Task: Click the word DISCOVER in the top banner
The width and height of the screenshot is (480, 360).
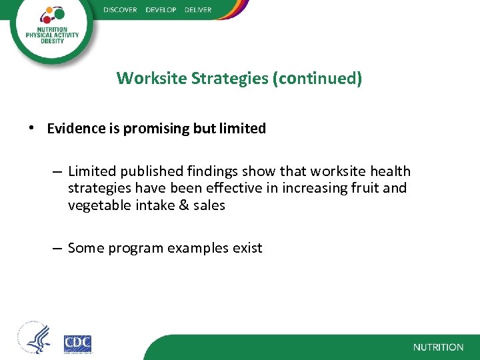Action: (x=120, y=10)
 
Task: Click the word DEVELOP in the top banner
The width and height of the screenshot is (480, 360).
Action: (x=161, y=10)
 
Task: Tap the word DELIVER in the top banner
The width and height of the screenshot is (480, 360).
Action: (x=197, y=10)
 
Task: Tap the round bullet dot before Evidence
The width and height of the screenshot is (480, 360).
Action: (x=33, y=129)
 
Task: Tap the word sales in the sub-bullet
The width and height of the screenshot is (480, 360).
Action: (x=209, y=206)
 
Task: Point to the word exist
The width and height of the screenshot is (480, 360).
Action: (x=247, y=249)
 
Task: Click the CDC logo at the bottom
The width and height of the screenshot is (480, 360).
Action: (x=77, y=343)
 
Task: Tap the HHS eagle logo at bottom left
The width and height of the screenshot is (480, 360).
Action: (x=34, y=339)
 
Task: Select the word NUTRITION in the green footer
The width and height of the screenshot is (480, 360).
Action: (x=438, y=347)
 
